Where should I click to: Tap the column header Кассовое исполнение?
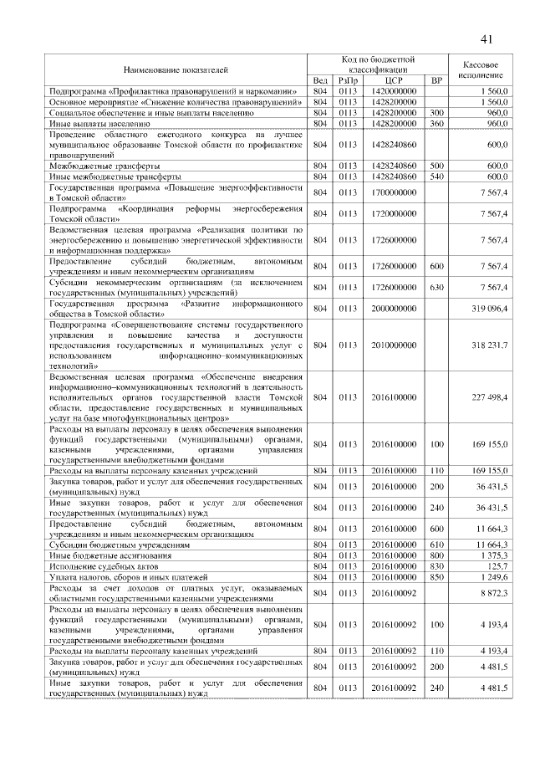click(481, 69)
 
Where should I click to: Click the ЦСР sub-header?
click(390, 80)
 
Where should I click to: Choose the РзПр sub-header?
click(347, 80)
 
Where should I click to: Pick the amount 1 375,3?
click(496, 555)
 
